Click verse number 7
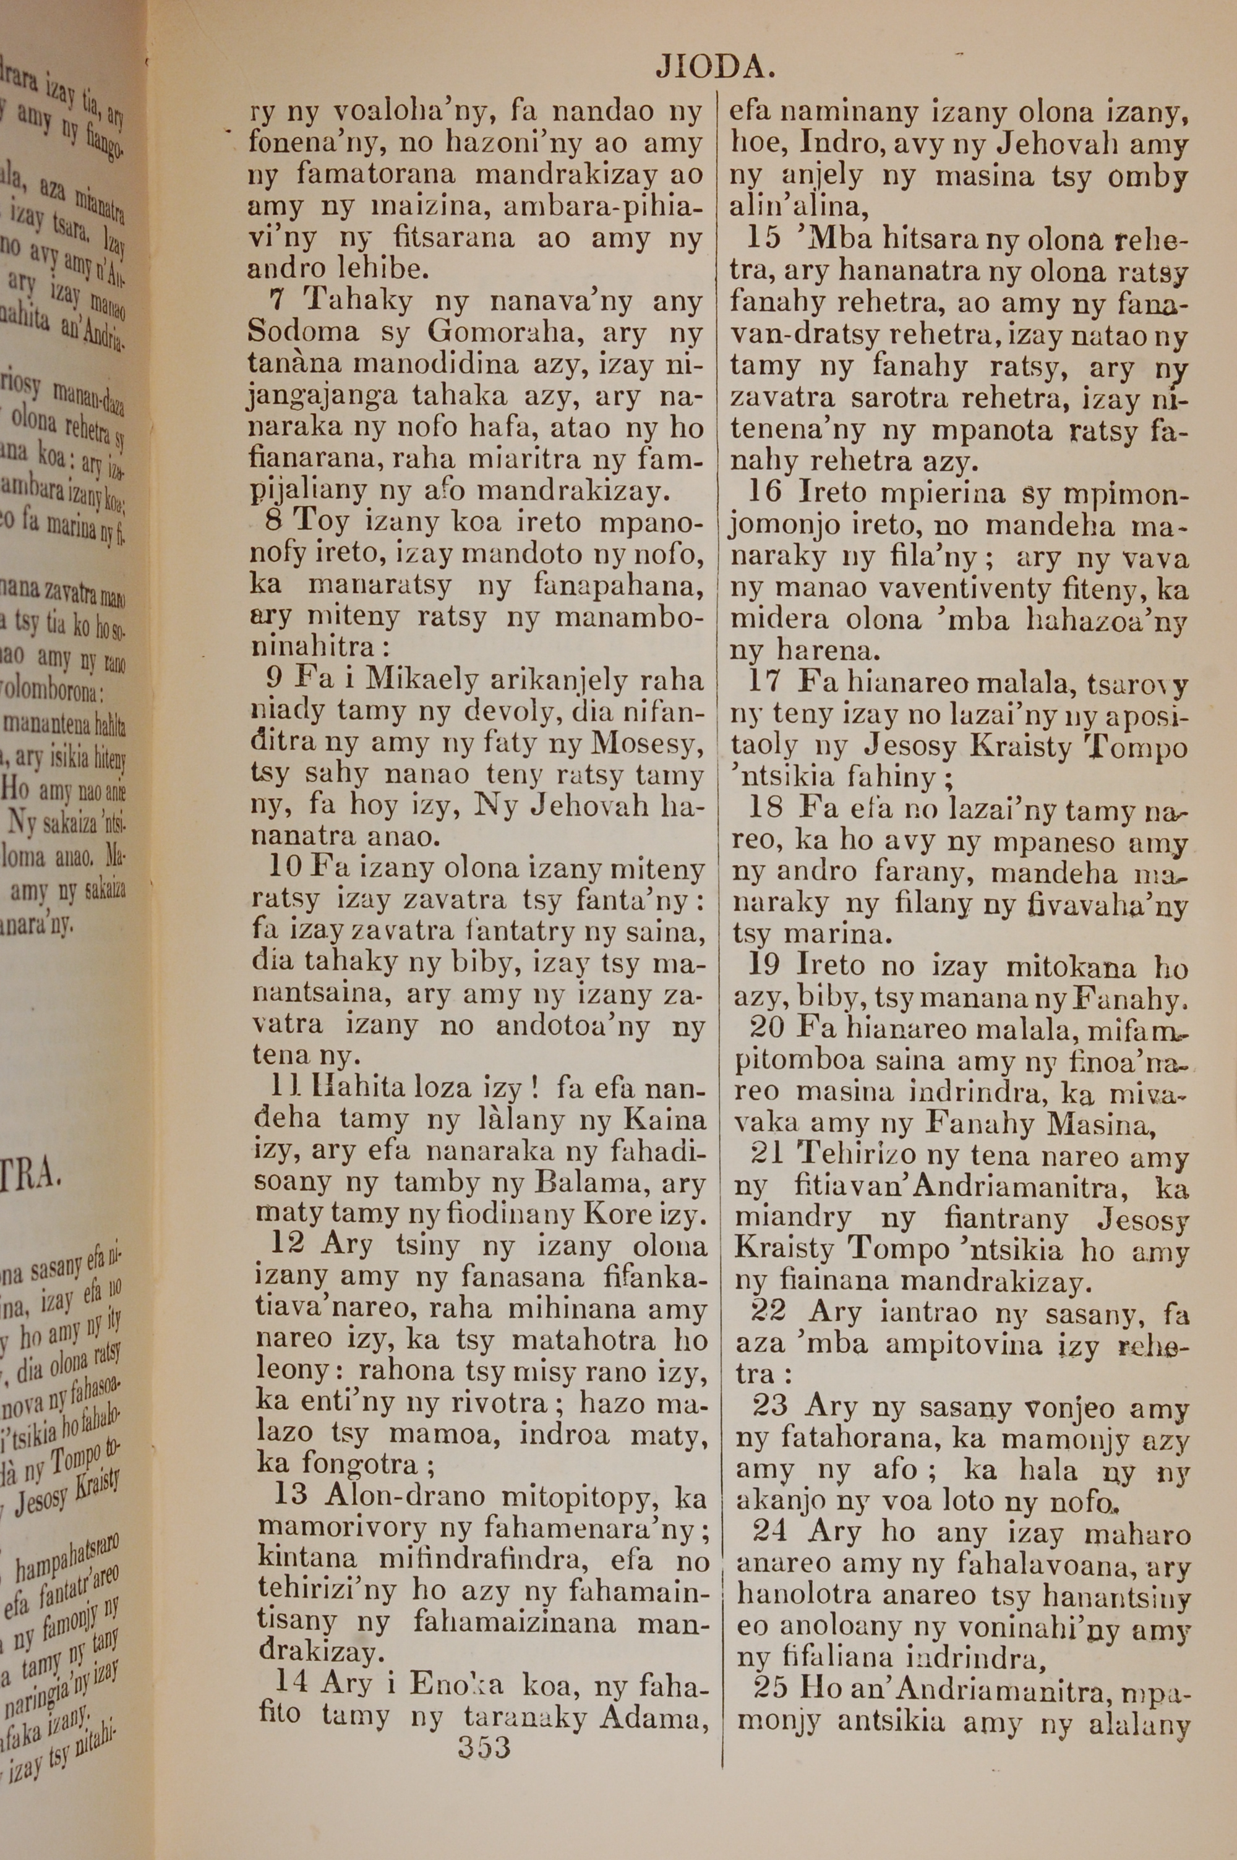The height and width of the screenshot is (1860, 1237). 275,301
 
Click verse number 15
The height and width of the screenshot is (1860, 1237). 763,237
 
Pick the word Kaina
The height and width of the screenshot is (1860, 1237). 664,1120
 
